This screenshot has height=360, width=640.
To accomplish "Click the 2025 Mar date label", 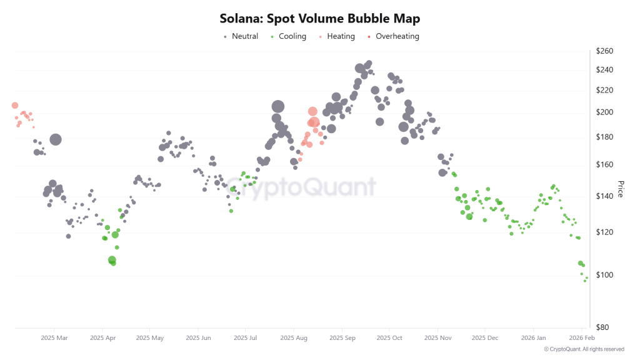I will [x=54, y=338].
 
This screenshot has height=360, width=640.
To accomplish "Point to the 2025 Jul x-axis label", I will [x=245, y=338].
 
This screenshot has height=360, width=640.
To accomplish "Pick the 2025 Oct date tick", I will [x=389, y=338].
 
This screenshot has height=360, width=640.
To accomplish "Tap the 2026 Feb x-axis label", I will [x=581, y=338].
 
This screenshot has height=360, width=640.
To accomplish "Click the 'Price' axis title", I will [x=621, y=189].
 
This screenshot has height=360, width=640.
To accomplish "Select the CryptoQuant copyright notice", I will [x=584, y=349].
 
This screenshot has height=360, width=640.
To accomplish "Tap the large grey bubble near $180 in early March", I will [x=56, y=139].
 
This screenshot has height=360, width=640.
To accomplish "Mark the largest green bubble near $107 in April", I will [x=112, y=260].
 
